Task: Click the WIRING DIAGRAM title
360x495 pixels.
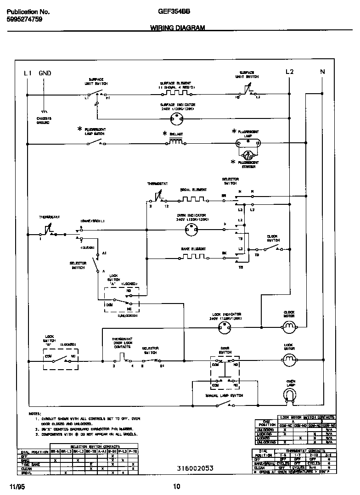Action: [177, 28]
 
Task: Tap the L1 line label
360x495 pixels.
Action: [28, 73]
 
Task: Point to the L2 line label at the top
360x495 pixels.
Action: [289, 72]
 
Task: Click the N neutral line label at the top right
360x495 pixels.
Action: [322, 72]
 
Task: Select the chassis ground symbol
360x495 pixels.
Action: [44, 112]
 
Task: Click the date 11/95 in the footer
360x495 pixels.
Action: [16, 486]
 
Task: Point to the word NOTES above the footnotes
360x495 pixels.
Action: [35, 413]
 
